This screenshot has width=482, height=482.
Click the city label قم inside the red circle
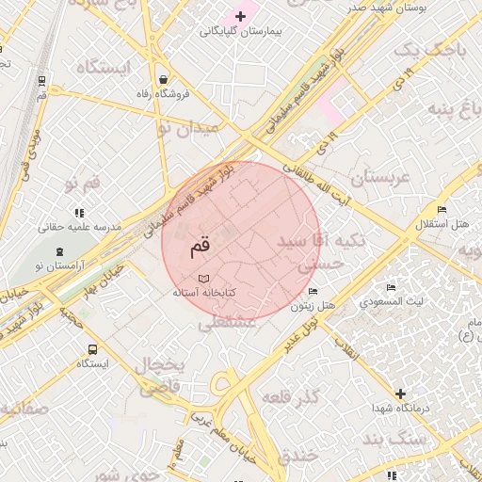coord(201,248)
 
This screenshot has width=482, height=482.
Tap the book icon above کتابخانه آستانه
coord(204,279)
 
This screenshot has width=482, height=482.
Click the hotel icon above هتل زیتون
coord(313,291)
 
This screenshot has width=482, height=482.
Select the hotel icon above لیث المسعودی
coord(392,287)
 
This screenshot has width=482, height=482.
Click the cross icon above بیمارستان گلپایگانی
coord(241,16)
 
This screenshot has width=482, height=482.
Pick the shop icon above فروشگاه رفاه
coord(165,79)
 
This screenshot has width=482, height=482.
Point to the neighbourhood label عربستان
coord(380,177)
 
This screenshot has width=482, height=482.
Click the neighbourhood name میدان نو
coord(186,127)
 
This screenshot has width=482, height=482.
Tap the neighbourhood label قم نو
coord(81,184)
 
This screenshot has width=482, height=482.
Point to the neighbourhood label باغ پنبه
coord(448,107)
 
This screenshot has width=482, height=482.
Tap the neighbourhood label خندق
coord(298,456)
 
